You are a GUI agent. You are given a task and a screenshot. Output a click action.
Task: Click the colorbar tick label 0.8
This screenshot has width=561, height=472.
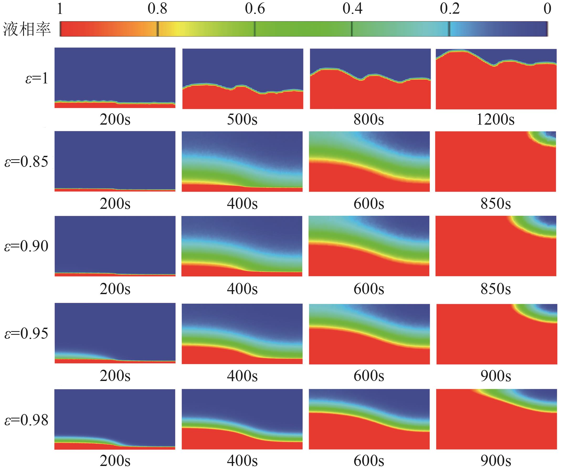(x=157, y=9)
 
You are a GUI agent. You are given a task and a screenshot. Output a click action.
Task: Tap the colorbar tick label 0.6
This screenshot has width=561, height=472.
(x=255, y=9)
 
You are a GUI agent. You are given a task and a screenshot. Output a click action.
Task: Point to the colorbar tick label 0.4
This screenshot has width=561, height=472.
(x=352, y=9)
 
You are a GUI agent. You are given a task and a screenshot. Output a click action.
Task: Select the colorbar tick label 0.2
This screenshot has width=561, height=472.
(x=450, y=9)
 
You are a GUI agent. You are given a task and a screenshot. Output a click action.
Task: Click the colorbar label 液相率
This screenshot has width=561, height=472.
(x=27, y=29)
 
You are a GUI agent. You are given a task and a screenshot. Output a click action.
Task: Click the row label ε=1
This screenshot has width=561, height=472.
(x=37, y=79)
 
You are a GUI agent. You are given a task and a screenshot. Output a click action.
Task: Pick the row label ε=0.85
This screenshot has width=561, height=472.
(x=26, y=162)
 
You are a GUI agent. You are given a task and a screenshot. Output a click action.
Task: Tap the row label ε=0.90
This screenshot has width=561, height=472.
(x=26, y=246)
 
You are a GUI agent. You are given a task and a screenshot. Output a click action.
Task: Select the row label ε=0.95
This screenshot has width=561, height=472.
(x=26, y=333)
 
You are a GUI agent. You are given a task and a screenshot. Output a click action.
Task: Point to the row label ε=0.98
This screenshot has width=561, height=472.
(x=26, y=420)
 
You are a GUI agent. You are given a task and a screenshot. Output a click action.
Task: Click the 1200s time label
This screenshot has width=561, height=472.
(x=495, y=120)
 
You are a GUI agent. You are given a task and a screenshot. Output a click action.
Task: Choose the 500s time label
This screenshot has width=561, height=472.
(x=242, y=120)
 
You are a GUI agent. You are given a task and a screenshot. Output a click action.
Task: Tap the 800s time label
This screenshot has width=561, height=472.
(x=369, y=120)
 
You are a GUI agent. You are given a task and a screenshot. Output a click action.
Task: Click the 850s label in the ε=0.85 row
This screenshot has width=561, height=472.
(x=496, y=204)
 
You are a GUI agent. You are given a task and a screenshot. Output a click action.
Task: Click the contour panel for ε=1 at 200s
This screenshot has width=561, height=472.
(x=115, y=78)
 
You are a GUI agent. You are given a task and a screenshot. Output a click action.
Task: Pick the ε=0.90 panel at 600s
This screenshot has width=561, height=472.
(x=369, y=246)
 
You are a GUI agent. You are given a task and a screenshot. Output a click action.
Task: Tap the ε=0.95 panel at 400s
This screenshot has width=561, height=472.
(x=242, y=334)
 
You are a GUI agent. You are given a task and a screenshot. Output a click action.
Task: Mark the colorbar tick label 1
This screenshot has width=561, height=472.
(x=60, y=9)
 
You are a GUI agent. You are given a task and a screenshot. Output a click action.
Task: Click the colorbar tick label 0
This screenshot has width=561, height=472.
(x=547, y=9)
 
